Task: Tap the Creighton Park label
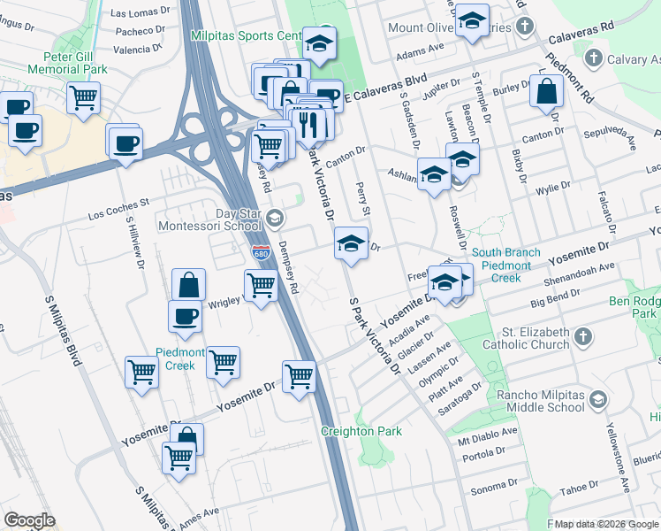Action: (361, 431)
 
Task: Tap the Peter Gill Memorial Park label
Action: (67, 62)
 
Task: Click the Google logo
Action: (29, 520)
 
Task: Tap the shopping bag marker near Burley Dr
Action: (547, 90)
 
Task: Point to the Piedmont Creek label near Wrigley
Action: (180, 358)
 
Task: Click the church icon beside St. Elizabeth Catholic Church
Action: (582, 335)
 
